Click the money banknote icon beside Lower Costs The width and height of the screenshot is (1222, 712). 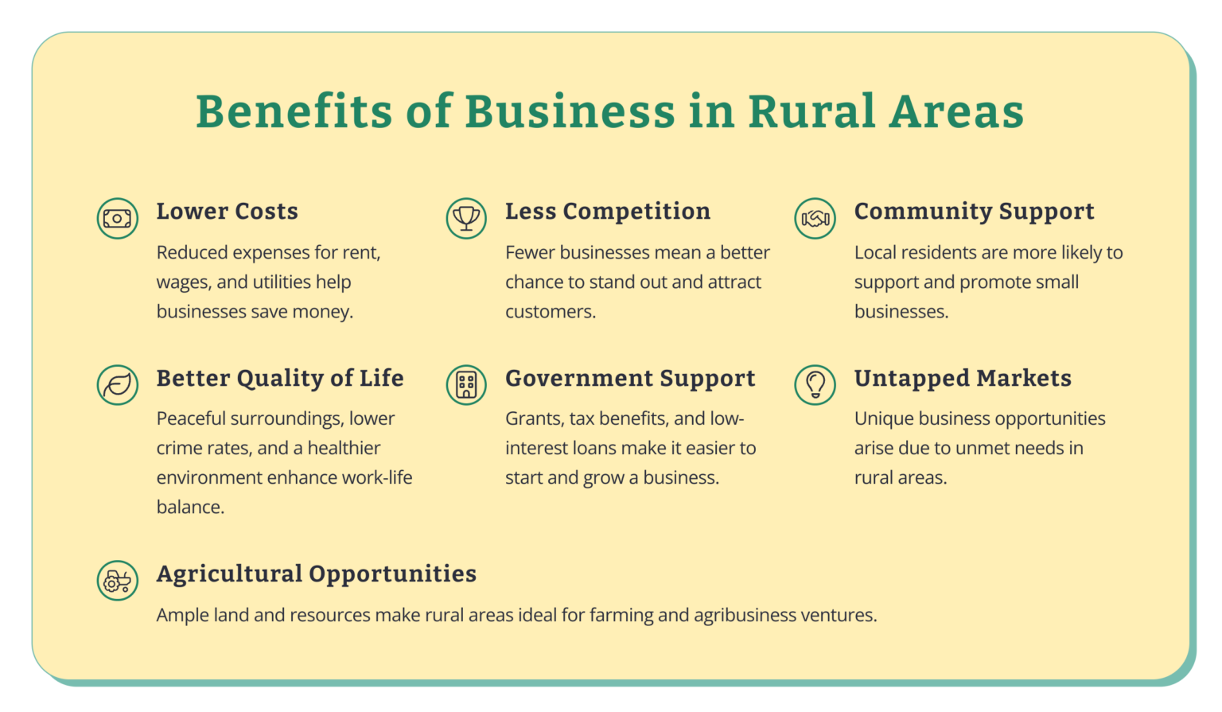[x=118, y=218]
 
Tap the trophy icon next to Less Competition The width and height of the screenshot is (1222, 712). [x=466, y=218]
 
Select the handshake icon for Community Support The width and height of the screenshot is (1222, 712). [x=815, y=218]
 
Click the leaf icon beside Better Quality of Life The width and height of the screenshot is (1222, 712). [x=118, y=385]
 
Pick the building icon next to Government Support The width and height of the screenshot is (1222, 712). [x=466, y=385]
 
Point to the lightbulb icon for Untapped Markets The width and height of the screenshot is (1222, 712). [x=815, y=385]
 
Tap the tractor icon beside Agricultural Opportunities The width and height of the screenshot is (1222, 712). [x=118, y=580]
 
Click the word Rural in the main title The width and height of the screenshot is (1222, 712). [x=811, y=111]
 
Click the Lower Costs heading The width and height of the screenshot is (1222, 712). [x=227, y=212]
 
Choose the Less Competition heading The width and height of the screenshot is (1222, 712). [x=608, y=212]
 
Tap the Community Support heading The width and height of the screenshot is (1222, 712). [x=974, y=212]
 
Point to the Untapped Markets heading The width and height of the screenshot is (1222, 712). [x=963, y=379]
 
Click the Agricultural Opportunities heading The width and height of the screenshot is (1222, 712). [x=316, y=574]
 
